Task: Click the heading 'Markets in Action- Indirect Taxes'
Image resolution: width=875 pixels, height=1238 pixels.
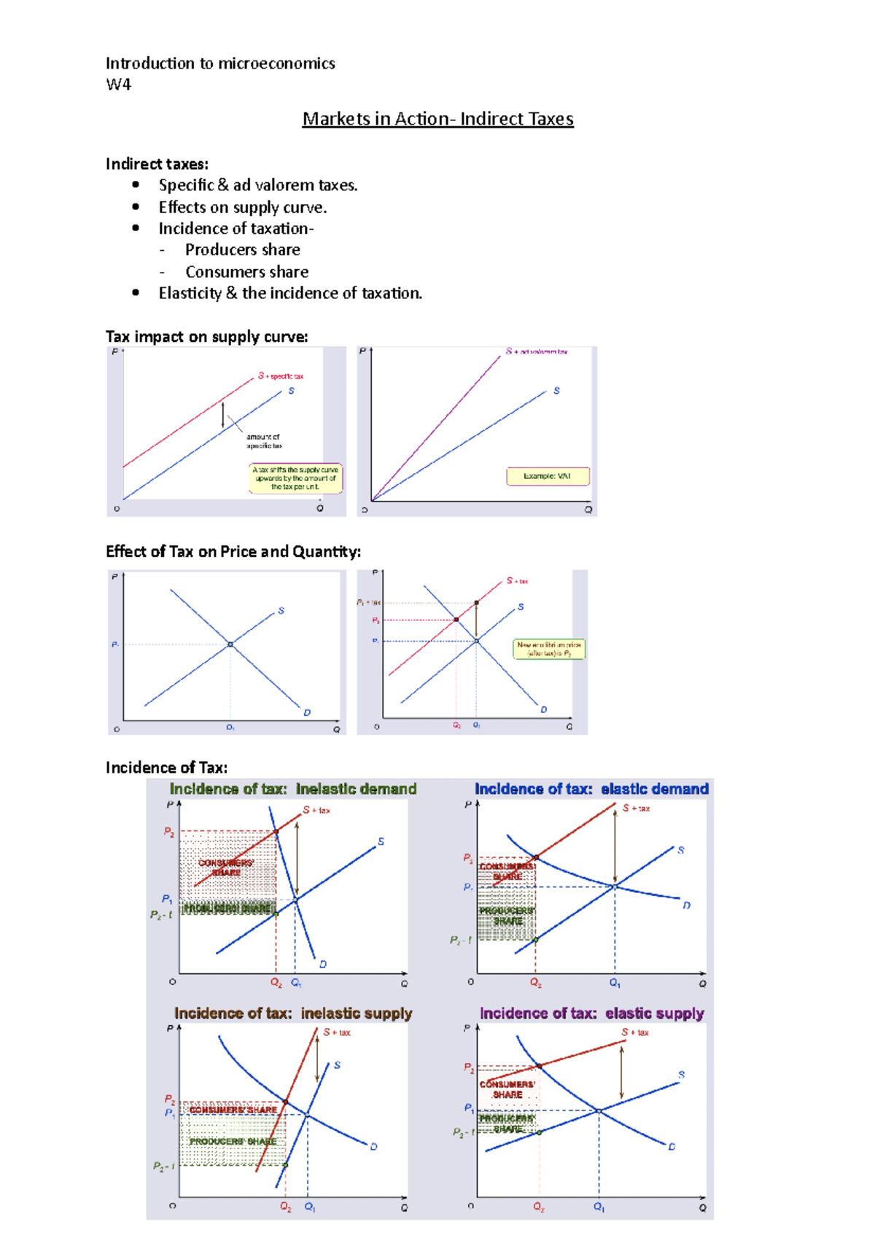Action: tap(437, 119)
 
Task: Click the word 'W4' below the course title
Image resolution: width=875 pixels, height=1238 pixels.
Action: tap(118, 85)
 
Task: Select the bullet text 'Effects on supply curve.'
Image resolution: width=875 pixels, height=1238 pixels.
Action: tap(242, 208)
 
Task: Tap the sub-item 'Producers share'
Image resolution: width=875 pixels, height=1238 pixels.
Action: tap(242, 250)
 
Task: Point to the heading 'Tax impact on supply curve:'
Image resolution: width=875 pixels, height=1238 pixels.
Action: tap(206, 337)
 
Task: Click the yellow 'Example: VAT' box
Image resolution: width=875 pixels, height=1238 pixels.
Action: tap(547, 476)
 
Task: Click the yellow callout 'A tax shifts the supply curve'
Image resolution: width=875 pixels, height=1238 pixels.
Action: tap(295, 478)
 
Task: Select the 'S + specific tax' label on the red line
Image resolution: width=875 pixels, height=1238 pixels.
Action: tap(281, 376)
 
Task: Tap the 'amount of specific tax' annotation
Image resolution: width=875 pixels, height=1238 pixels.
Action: tap(263, 441)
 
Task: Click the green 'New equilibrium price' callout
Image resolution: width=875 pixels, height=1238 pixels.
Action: tap(549, 649)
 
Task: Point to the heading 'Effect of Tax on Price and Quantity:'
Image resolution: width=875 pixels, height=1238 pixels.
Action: tap(233, 552)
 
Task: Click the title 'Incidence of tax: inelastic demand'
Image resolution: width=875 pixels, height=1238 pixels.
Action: tap(292, 789)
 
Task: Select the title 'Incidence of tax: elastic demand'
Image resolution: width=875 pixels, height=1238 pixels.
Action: tap(591, 789)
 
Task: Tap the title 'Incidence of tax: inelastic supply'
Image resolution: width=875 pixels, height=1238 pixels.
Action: tap(292, 1013)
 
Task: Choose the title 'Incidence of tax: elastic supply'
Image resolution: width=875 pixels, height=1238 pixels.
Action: tap(591, 1013)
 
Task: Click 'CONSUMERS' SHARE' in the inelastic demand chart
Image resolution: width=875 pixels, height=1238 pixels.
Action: tap(226, 868)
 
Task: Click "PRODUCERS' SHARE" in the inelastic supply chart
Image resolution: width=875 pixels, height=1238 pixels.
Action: tap(233, 1142)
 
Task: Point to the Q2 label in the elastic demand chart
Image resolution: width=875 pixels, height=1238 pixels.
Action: tap(536, 983)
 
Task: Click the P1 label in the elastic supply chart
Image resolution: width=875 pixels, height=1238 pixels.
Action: tap(469, 1108)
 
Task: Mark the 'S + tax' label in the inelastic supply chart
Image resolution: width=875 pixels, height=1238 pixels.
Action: tap(337, 1032)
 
